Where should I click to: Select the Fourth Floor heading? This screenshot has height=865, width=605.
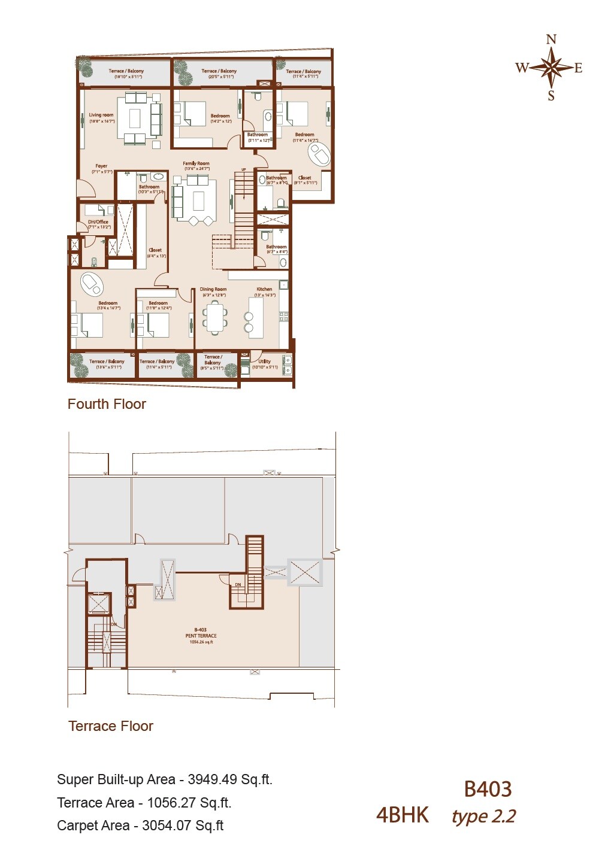coord(107,404)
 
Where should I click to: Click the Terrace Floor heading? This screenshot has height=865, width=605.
coord(111,726)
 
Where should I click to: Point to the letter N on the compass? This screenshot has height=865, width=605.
coord(551,40)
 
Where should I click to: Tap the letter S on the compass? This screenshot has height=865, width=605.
coord(551,96)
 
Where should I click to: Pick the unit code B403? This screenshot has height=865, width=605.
coord(488,789)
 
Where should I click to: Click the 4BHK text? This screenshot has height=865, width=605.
coord(403,815)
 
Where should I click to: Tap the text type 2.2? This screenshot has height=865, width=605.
coord(483,816)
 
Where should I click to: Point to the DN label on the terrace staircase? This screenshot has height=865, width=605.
coord(238,584)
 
